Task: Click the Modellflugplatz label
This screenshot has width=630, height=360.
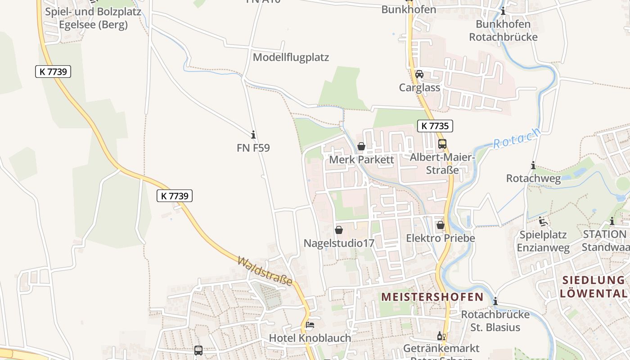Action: (x=291, y=57)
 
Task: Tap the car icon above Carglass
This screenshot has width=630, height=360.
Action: (x=419, y=74)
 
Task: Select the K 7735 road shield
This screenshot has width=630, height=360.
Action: (x=435, y=126)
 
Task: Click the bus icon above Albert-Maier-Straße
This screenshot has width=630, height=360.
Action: (x=442, y=144)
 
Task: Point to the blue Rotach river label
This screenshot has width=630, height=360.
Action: (x=516, y=138)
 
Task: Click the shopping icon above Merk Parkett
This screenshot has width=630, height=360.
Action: (x=361, y=146)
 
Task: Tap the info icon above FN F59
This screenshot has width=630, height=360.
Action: (x=253, y=135)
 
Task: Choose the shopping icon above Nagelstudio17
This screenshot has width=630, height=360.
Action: (x=339, y=230)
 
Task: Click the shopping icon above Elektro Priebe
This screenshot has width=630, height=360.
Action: (x=441, y=225)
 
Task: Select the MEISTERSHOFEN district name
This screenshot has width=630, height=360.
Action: (x=432, y=297)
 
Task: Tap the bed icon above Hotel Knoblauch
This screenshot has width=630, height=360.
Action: (x=310, y=324)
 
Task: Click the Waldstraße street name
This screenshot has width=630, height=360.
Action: (x=265, y=271)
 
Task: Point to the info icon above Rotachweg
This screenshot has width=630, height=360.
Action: (x=533, y=166)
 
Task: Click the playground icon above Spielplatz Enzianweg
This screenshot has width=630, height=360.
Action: (x=543, y=221)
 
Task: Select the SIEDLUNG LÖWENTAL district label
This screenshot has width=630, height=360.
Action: (x=594, y=287)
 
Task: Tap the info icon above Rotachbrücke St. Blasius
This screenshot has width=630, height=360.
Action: (x=495, y=301)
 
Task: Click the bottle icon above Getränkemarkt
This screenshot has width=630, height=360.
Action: (x=441, y=336)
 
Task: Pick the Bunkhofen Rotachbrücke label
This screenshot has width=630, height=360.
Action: (x=503, y=30)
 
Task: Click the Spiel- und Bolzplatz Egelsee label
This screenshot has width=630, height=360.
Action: (x=93, y=18)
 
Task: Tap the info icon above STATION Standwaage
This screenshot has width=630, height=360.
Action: (x=612, y=221)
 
